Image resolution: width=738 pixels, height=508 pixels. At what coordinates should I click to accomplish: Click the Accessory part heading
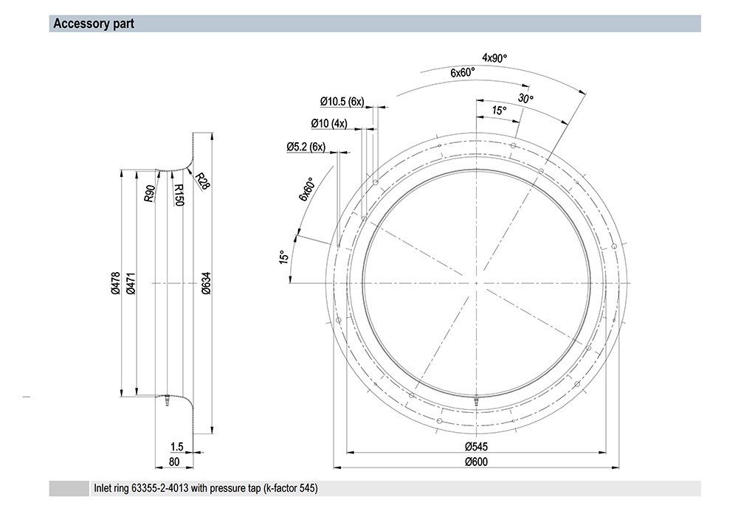pyautogui.click(x=94, y=24)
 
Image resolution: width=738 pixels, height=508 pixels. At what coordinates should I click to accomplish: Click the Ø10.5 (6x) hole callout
pyautogui.click(x=342, y=101)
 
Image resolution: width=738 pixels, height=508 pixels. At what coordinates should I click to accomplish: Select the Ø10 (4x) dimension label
pyautogui.click(x=329, y=123)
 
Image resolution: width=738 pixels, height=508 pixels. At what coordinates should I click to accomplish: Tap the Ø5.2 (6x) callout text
pyautogui.click(x=306, y=147)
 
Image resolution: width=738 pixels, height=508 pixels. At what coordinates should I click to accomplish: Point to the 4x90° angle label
pyautogui.click(x=494, y=58)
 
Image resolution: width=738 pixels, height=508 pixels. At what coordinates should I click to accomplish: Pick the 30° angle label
pyautogui.click(x=525, y=98)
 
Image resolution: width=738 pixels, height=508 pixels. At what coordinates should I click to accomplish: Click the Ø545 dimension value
pyautogui.click(x=476, y=446)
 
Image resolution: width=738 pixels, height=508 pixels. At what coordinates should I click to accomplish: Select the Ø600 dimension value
pyautogui.click(x=476, y=462)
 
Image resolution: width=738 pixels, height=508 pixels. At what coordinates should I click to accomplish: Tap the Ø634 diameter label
pyautogui.click(x=206, y=283)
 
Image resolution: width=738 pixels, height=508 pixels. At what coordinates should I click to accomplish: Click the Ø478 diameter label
pyautogui.click(x=116, y=283)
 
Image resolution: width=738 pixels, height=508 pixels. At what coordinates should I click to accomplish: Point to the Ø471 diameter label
pyautogui.click(x=131, y=283)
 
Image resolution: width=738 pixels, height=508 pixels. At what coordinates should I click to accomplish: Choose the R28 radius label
pyautogui.click(x=202, y=181)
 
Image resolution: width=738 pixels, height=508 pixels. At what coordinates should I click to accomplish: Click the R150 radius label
pyautogui.click(x=179, y=194)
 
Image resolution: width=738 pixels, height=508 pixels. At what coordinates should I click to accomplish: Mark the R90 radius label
pyautogui.click(x=149, y=194)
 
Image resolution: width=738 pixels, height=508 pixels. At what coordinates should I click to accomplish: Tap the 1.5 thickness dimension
pyautogui.click(x=176, y=446)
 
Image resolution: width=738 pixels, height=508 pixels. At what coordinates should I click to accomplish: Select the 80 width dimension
pyautogui.click(x=174, y=462)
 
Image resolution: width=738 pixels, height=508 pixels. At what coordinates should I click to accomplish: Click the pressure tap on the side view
pyautogui.click(x=167, y=400)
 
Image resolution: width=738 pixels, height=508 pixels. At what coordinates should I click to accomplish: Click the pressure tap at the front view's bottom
pyautogui.click(x=476, y=400)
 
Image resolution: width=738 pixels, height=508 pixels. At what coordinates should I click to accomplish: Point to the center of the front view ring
pyautogui.click(x=476, y=283)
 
